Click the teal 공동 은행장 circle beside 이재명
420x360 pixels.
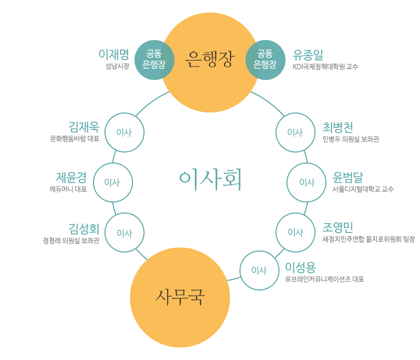tap(154, 59)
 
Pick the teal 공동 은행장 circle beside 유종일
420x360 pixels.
tap(265, 59)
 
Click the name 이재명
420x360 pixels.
tap(114, 54)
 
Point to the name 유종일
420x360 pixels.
tap(307, 54)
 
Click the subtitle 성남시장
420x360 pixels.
tap(117, 66)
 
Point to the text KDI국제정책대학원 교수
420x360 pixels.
tap(325, 66)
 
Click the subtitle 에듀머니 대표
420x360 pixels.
tap(68, 189)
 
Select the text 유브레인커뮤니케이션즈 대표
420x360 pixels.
tap(324, 279)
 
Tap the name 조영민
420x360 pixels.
tap(338, 227)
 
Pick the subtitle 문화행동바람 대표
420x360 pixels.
tap(74, 139)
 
